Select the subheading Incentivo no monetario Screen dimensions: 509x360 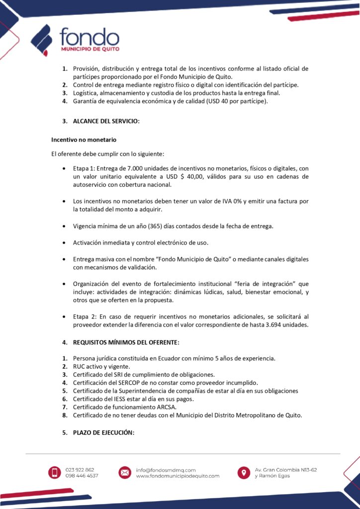[84, 140]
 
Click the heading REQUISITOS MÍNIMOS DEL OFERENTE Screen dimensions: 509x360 [126, 342]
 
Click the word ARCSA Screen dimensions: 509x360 [154, 407]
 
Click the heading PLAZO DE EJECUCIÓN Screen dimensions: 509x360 [103, 432]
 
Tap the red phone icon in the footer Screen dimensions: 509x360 [55, 473]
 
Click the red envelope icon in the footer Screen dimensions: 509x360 [125, 473]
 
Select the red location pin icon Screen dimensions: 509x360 [244, 473]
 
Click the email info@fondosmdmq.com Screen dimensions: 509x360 [166, 470]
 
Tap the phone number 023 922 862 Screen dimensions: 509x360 [80, 470]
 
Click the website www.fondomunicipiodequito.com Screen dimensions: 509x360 [178, 476]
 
